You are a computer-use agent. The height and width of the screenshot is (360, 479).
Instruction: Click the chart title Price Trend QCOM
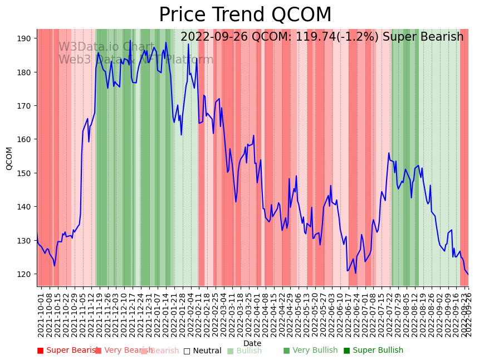pos(245,15)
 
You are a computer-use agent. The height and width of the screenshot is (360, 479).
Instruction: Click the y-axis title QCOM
pos(9,158)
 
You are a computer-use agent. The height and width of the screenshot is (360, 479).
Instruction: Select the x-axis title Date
pos(252,343)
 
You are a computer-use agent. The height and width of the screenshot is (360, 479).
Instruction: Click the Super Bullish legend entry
pos(377,351)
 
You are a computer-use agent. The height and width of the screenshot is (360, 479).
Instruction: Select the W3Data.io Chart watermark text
pos(106,47)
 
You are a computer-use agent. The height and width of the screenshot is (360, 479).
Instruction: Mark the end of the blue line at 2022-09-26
pos(468,274)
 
